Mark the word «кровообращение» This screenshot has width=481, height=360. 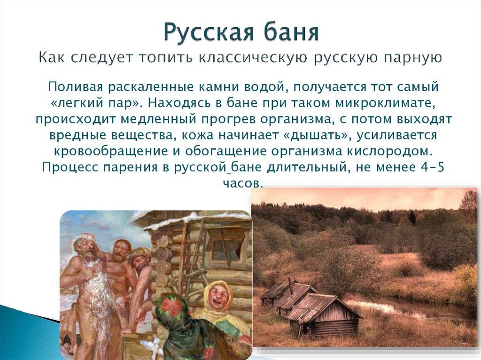(111, 151)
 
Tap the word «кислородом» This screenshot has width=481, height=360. (389, 151)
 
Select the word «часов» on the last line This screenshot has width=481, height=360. (243, 183)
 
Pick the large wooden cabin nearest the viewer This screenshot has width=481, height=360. (325, 315)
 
